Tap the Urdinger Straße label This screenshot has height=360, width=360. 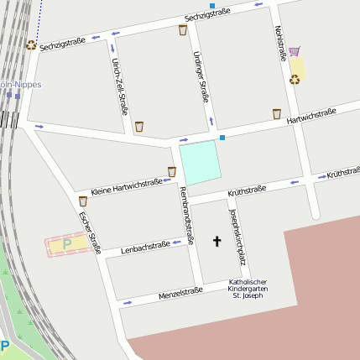[x=201, y=76]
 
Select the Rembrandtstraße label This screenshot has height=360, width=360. [x=186, y=217]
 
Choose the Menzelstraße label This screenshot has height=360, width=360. [x=180, y=293]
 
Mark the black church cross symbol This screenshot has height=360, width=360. [x=217, y=243]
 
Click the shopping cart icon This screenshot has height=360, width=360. [x=295, y=52]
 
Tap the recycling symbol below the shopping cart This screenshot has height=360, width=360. [x=295, y=79]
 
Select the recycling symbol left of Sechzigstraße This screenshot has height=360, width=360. [x=31, y=45]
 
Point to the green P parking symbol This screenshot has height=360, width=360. [x=67, y=244]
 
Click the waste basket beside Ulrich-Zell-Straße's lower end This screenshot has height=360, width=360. [x=139, y=127]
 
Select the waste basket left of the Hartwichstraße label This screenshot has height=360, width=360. [x=276, y=113]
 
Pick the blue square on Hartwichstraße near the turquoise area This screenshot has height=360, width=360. [x=222, y=137]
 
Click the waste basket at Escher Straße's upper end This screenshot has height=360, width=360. [x=82, y=201]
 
